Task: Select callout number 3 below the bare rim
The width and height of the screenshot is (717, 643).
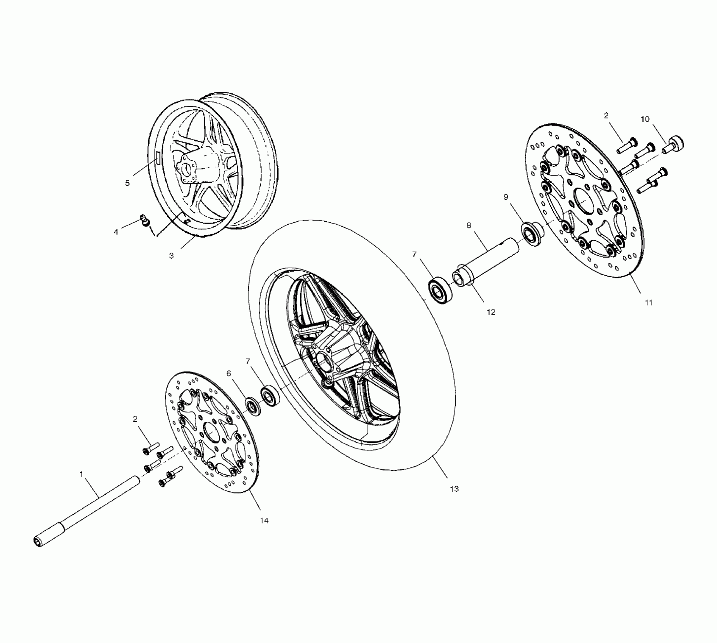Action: click(x=171, y=256)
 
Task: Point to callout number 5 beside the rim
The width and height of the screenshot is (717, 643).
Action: click(x=127, y=183)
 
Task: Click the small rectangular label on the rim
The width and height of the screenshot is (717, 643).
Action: click(x=157, y=157)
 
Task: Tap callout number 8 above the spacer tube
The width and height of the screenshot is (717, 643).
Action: click(x=469, y=225)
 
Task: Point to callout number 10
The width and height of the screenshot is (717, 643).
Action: click(x=645, y=119)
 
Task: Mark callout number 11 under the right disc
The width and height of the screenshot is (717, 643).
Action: click(x=648, y=302)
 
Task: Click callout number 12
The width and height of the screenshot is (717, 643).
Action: click(x=491, y=312)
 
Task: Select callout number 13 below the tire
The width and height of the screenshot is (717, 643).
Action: click(x=454, y=489)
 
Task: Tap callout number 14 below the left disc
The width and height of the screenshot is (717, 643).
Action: click(x=264, y=520)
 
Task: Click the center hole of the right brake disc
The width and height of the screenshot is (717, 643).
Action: click(x=585, y=200)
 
